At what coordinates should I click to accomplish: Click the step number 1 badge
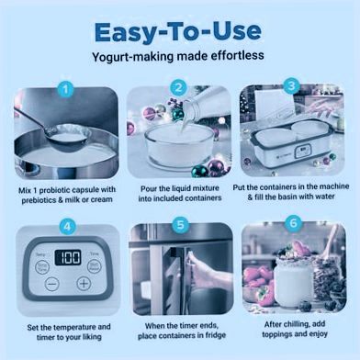65,89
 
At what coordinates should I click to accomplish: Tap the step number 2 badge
179,88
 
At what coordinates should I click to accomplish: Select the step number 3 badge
291,86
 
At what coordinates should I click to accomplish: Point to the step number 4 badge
67,227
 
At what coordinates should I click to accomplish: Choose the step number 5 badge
180,225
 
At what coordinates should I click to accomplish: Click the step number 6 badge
293,223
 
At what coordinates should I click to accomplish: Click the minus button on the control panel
51,284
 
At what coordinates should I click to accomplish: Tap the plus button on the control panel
84,284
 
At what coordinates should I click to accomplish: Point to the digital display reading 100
68,257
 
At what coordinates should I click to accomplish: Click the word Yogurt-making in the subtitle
133,57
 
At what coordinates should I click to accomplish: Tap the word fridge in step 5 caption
215,335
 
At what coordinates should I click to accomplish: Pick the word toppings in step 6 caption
276,334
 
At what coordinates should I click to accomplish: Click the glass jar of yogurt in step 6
294,281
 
